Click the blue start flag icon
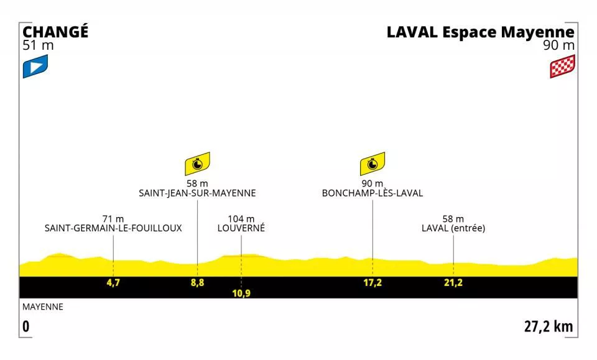[x=35, y=67]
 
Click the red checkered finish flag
[x=562, y=67]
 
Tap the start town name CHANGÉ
[x=55, y=32]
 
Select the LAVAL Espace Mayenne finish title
[x=480, y=32]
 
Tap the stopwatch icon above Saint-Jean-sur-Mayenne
[x=197, y=164]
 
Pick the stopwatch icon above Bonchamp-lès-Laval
[x=372, y=164]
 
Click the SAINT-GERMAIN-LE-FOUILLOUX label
[x=113, y=228]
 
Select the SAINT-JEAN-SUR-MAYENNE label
[x=197, y=193]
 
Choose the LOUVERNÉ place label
[x=241, y=228]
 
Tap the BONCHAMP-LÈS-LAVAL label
[x=372, y=193]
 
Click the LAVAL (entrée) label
[x=453, y=228]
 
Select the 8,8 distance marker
[x=197, y=283]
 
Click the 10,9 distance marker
[x=241, y=293]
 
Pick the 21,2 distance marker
[x=453, y=283]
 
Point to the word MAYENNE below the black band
[x=43, y=307]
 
